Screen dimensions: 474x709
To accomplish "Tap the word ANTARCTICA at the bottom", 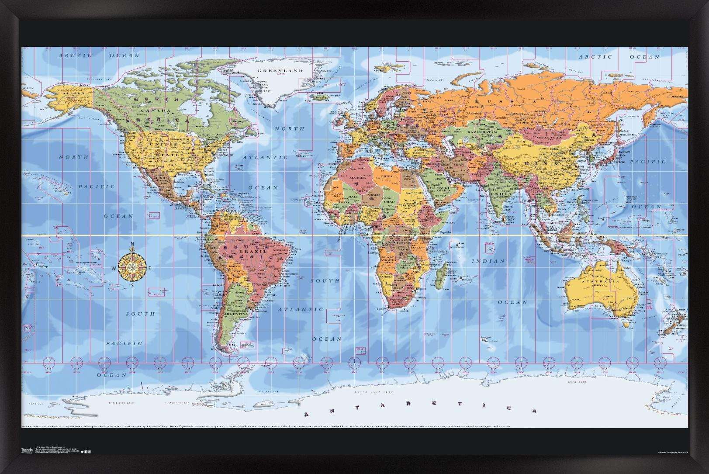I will click(x=420, y=410).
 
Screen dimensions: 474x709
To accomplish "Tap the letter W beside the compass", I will click(x=114, y=269).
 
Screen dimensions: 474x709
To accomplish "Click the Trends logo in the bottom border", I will click(x=27, y=450).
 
